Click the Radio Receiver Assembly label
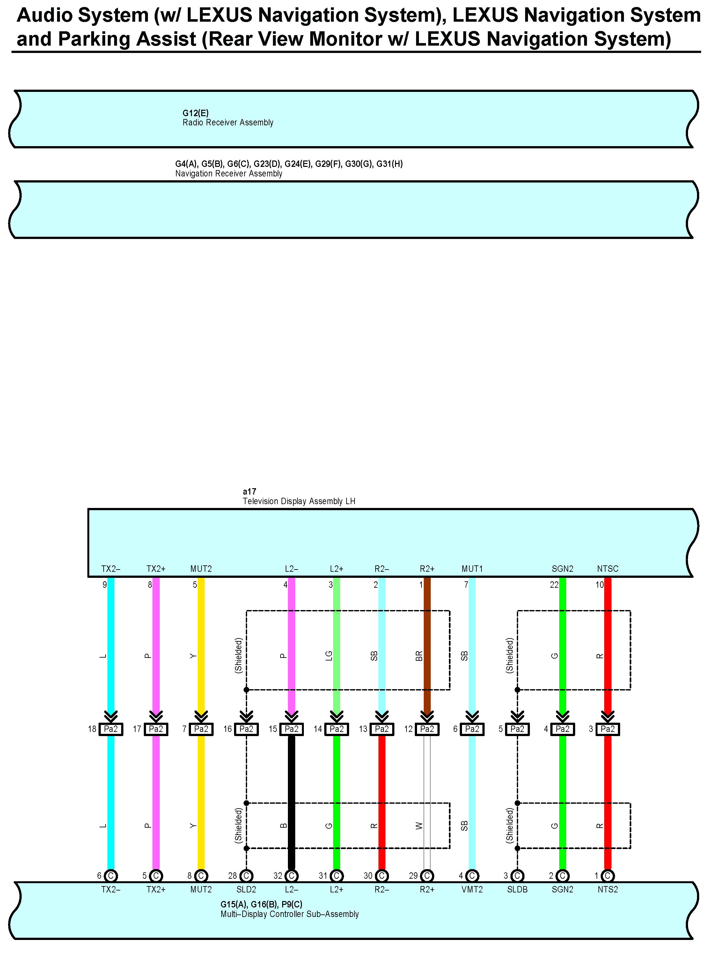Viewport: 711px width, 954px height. [228, 123]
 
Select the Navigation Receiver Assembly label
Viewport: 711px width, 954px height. [229, 174]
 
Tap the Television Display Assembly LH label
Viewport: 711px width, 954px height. [299, 501]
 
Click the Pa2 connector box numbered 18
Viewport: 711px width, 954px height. [111, 729]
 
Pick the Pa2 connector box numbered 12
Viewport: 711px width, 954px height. [427, 729]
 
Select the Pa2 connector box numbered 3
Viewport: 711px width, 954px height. [607, 729]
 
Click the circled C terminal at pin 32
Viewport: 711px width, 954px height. [291, 876]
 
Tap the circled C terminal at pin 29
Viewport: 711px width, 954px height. [427, 876]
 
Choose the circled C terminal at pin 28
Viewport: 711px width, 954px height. [246, 876]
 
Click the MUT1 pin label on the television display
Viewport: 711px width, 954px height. [472, 569]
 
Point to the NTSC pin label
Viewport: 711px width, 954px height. [607, 569]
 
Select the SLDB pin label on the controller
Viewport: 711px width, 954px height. [517, 890]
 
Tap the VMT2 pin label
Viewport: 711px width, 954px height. [472, 890]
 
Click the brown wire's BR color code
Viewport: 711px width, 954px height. [419, 656]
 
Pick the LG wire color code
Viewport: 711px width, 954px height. [329, 656]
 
